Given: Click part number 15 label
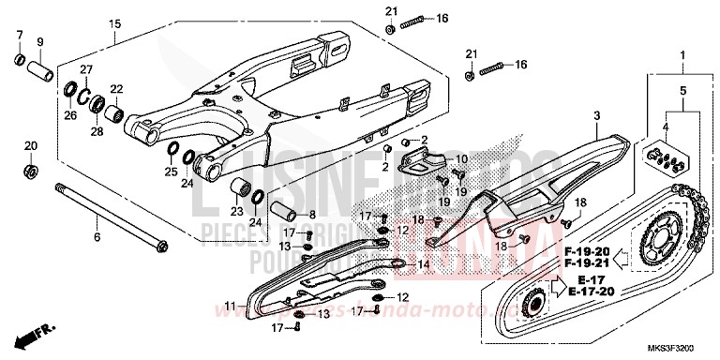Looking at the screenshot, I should [114, 23].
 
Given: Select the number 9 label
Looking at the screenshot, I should [39, 42].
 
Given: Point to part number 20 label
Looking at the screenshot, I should [30, 146].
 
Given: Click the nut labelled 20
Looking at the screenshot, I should [31, 172].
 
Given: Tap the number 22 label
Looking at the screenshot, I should [117, 90].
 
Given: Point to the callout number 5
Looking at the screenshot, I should [682, 91].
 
